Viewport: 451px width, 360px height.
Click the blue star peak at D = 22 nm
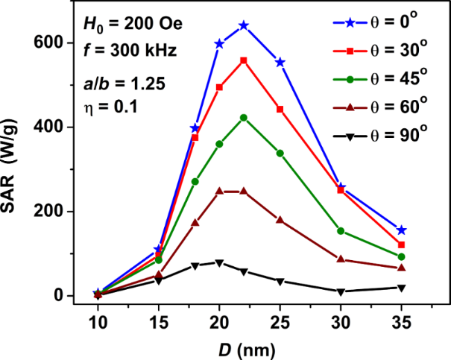tap(244, 25)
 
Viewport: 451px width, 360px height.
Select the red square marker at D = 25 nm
tap(280, 109)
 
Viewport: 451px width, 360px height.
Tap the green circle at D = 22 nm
tap(244, 118)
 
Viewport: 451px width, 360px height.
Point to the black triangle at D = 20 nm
tap(219, 262)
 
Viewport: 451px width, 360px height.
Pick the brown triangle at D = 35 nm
tap(402, 268)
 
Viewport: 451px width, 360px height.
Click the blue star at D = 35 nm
tap(402, 230)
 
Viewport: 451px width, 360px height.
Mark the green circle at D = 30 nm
tap(341, 231)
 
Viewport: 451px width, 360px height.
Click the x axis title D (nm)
tap(249, 347)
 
